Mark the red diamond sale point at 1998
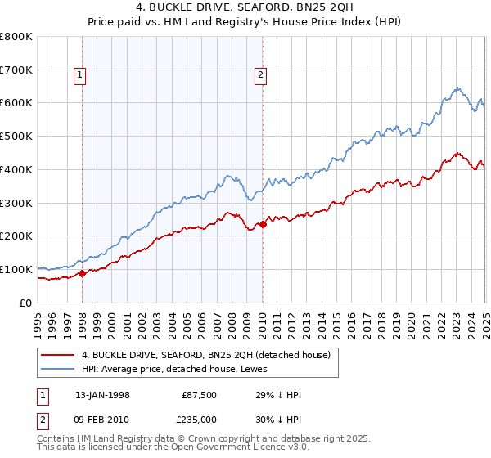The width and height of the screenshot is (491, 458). click(x=82, y=274)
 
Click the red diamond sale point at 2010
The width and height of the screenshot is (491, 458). click(x=263, y=224)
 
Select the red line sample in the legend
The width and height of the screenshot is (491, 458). click(x=58, y=355)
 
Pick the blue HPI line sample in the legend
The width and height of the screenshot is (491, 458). click(x=58, y=369)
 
